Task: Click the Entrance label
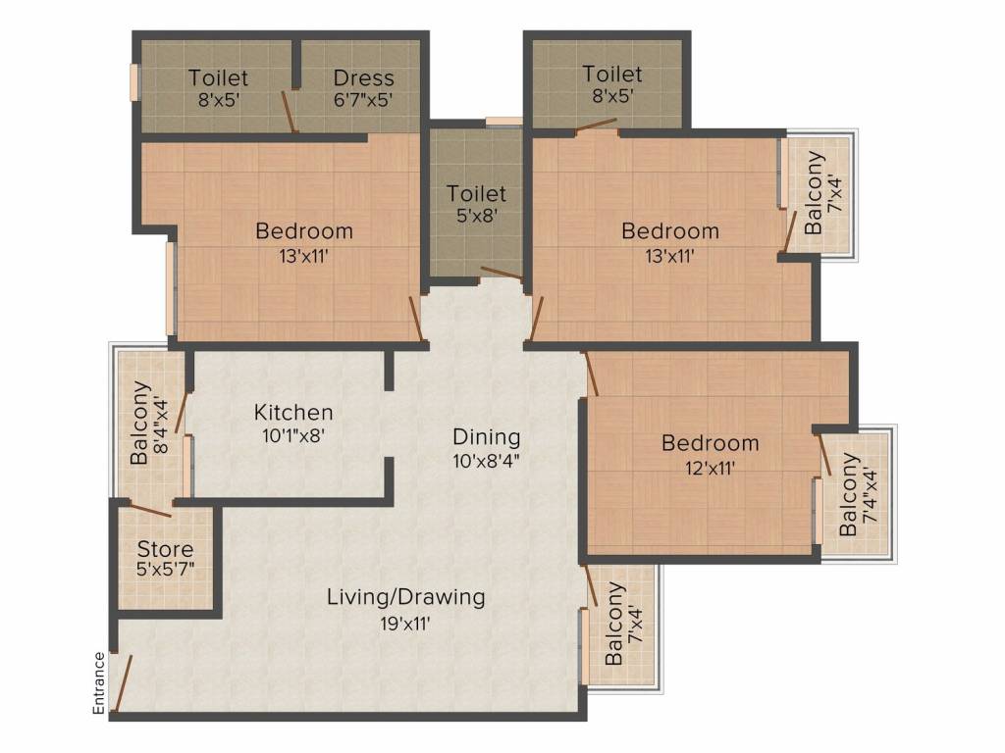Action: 98,682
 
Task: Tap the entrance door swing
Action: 122,682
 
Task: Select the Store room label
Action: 165,549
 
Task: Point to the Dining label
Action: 486,437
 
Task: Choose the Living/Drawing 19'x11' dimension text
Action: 406,621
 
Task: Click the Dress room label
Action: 363,77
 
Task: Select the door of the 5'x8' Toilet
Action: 502,274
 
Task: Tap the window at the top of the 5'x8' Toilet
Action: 503,122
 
